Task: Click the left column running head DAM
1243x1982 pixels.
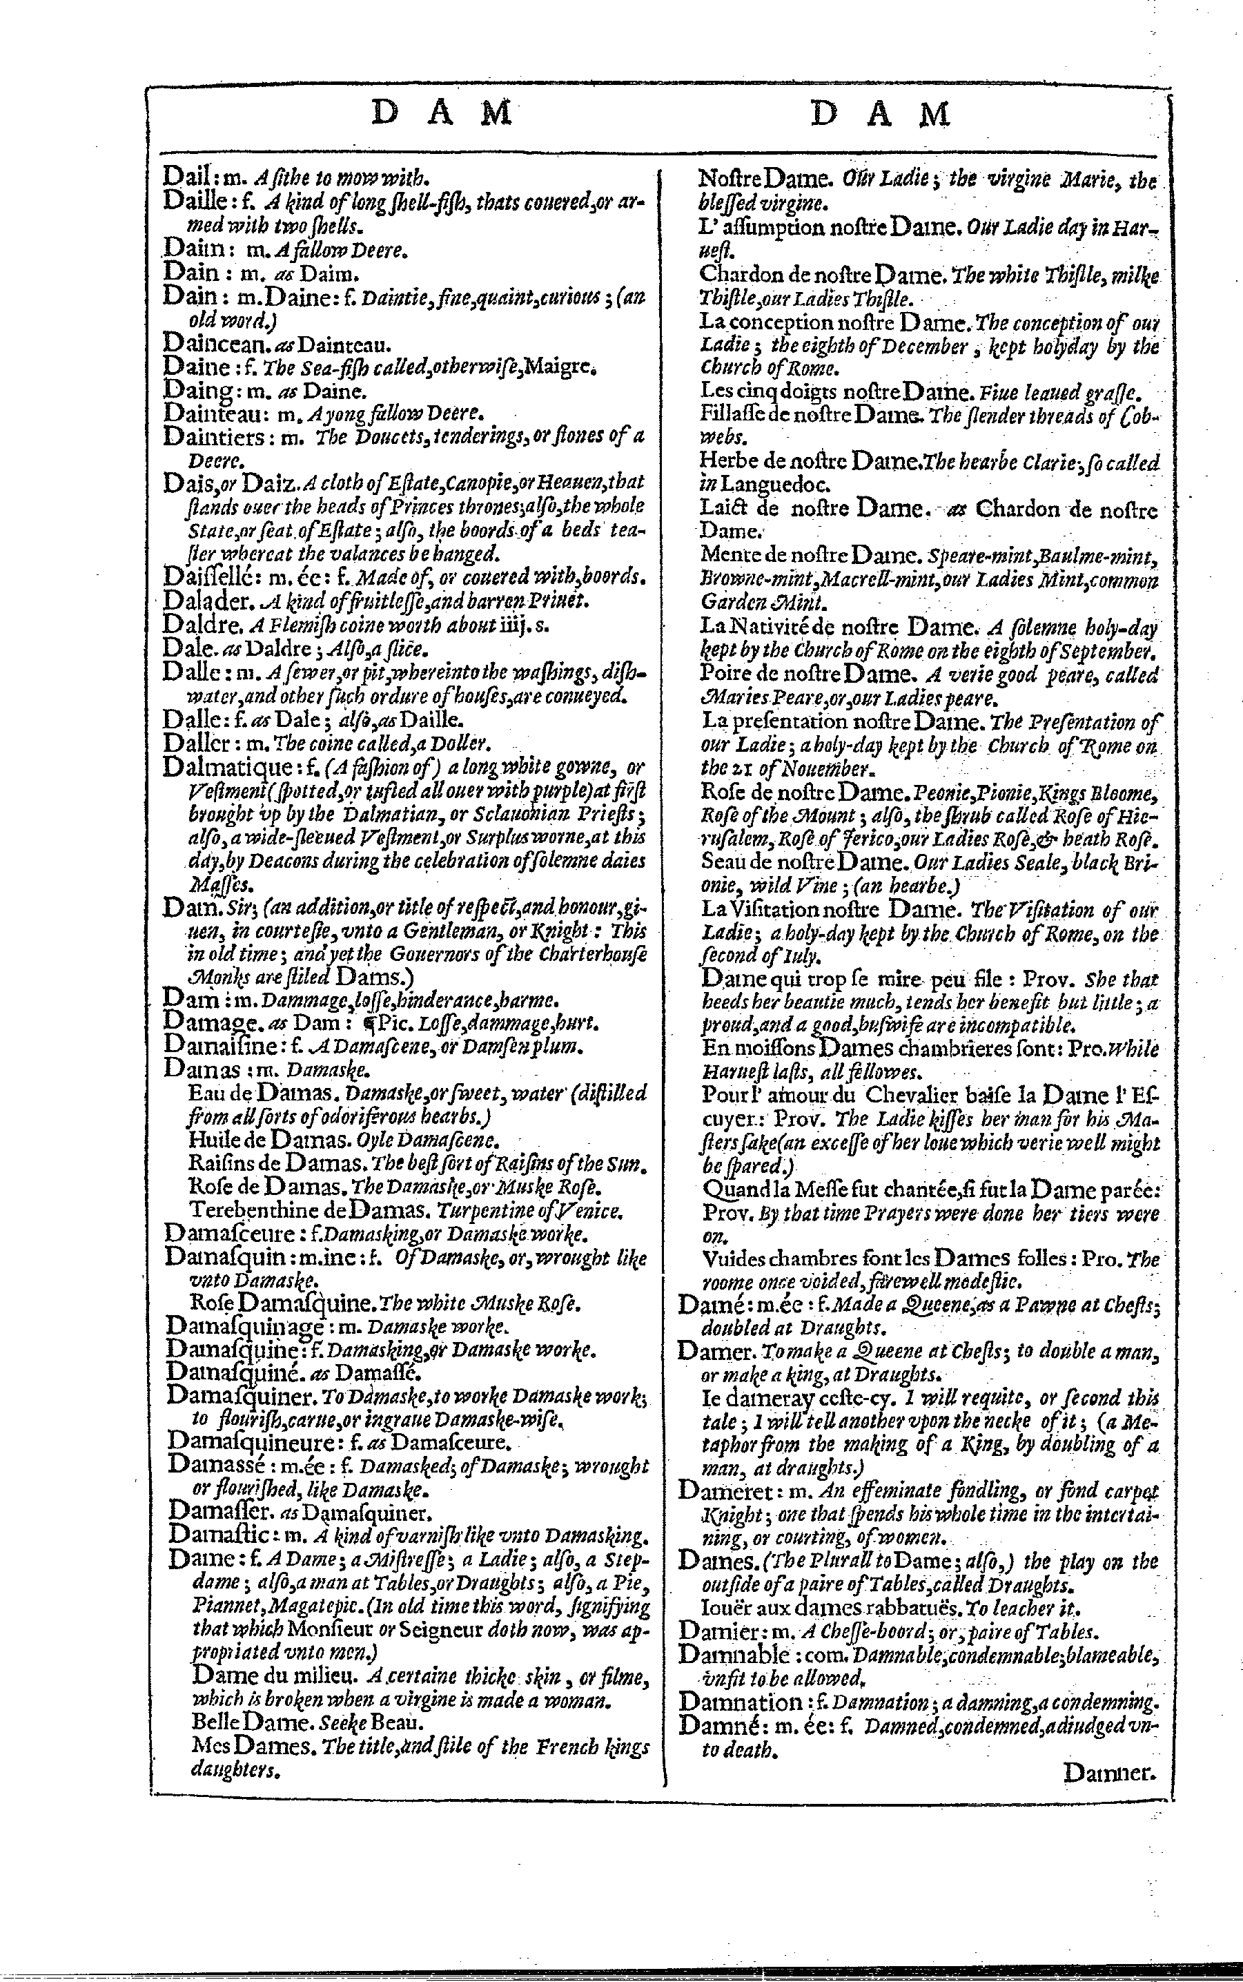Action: pyautogui.click(x=442, y=113)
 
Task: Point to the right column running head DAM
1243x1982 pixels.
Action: pyautogui.click(x=880, y=113)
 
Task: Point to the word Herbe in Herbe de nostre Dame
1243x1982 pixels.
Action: pyautogui.click(x=723, y=461)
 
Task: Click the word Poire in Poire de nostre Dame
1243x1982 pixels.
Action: pyautogui.click(x=723, y=675)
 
